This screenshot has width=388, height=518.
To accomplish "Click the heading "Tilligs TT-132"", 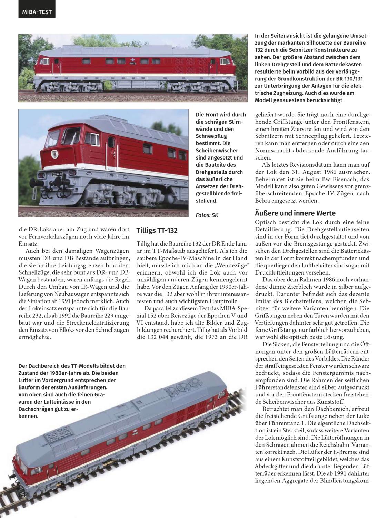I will tap(157, 230).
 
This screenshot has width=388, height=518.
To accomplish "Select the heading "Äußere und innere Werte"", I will tap(295, 213).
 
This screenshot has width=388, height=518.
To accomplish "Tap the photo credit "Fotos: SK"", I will tap(207, 215).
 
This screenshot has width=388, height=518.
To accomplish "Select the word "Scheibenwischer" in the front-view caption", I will tap(217, 151).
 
